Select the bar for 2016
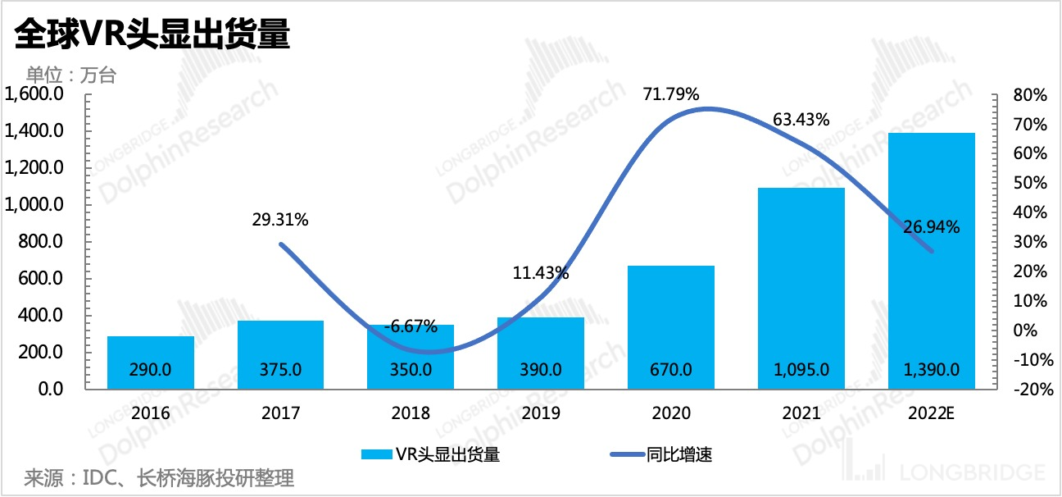click(x=151, y=362)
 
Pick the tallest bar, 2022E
click(x=932, y=260)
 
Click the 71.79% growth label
click(x=671, y=94)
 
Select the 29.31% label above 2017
click(x=280, y=220)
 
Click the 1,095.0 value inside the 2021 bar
click(x=801, y=370)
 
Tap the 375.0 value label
click(x=280, y=370)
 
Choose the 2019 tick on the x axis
click(x=541, y=413)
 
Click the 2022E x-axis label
click(x=932, y=413)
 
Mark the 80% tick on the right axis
click(x=1030, y=95)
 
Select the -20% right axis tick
click(x=1028, y=390)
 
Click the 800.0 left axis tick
click(x=41, y=242)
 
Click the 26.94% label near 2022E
click(x=931, y=226)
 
